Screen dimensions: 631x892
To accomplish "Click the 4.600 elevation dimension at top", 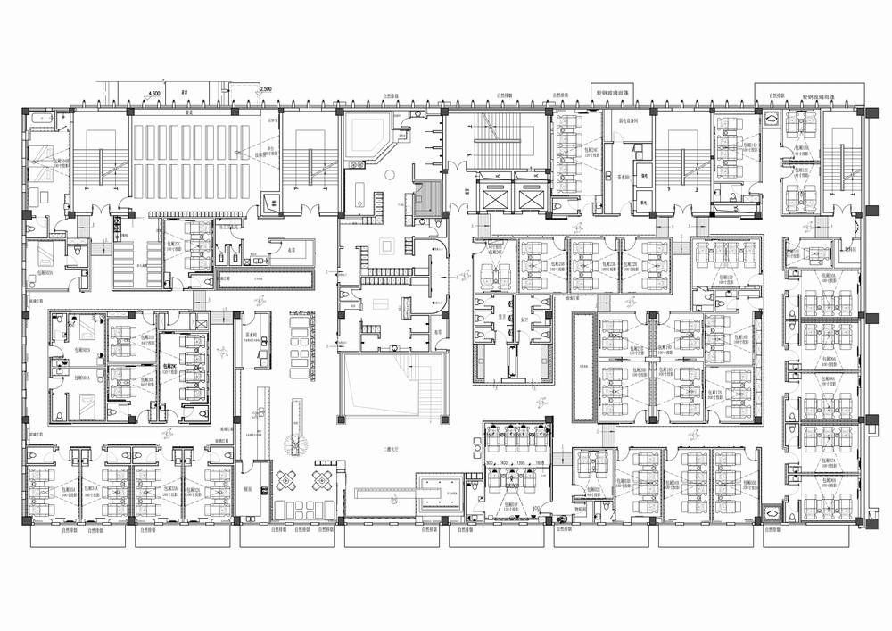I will [x=153, y=92].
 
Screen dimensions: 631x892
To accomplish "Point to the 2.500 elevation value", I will [x=266, y=89].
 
